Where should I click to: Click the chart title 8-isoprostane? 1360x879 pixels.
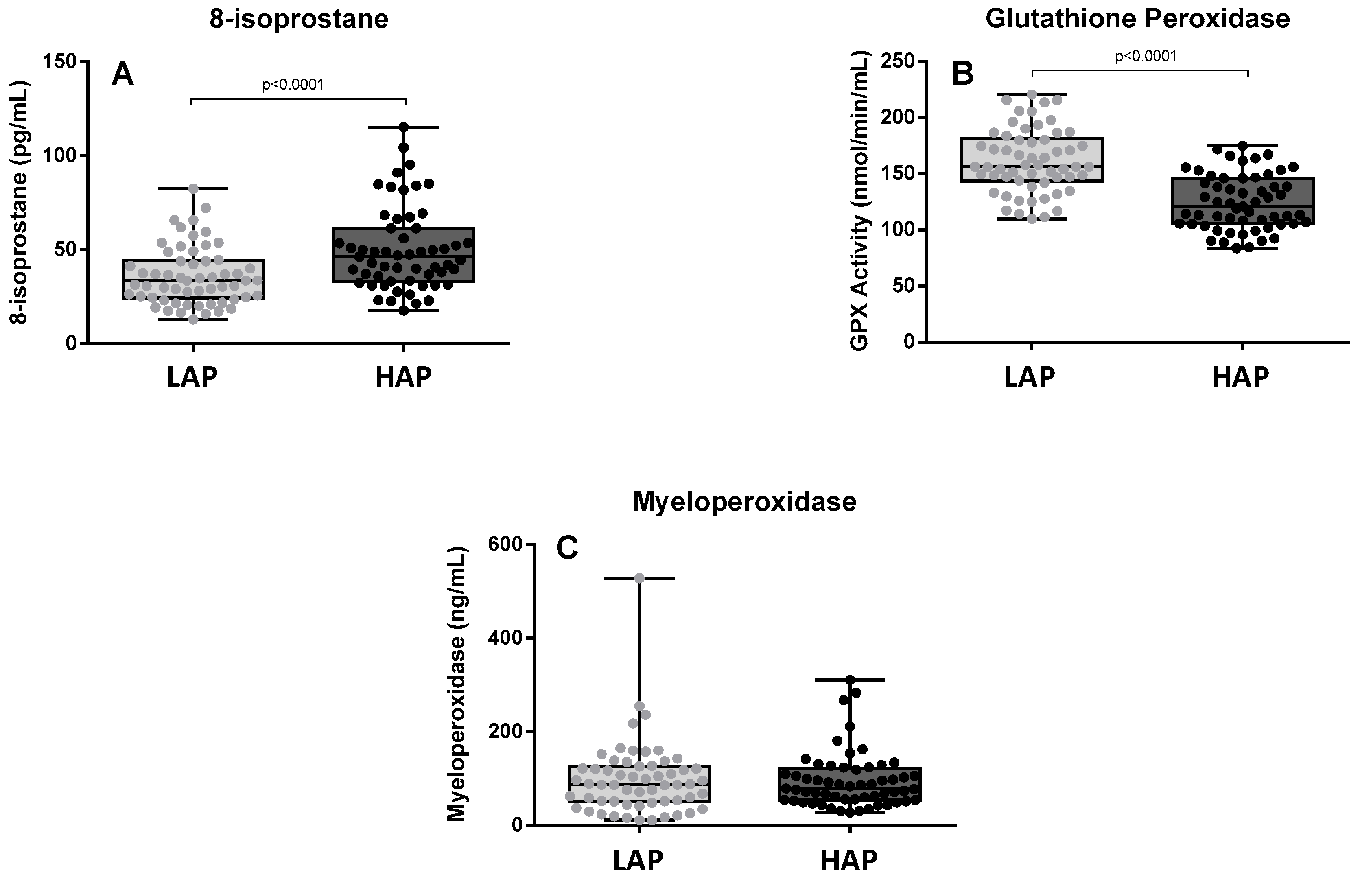tap(299, 19)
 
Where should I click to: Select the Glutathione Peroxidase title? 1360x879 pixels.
tap(1137, 19)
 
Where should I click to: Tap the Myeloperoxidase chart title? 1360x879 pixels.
tap(745, 502)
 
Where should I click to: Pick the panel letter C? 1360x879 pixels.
tap(567, 549)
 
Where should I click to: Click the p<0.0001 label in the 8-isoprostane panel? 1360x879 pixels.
tap(293, 85)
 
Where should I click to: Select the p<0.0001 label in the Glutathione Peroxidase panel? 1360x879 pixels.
tap(1146, 56)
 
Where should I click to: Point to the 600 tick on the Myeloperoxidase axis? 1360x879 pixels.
tap(505, 544)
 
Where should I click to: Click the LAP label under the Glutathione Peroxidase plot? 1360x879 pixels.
tap(1030, 377)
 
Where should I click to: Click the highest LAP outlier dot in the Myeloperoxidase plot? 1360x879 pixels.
tap(639, 578)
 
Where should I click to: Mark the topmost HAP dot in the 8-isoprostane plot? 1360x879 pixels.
tap(404, 127)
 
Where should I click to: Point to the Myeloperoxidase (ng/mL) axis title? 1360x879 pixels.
tap(456, 684)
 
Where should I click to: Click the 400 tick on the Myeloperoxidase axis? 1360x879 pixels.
tap(505, 638)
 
